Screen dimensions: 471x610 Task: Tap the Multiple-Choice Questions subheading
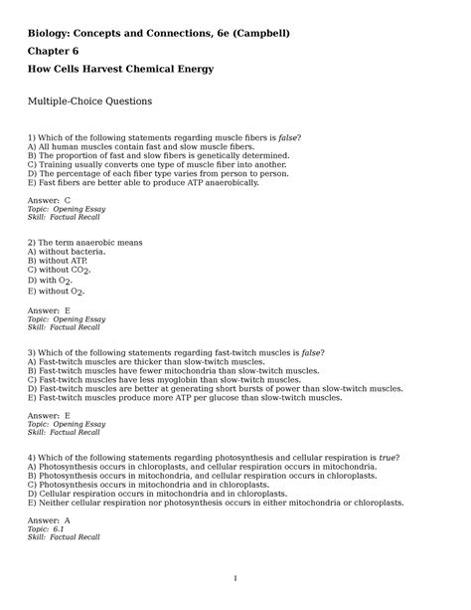[90, 101]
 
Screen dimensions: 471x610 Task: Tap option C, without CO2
[66, 270]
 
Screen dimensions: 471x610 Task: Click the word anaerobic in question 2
[101, 242]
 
